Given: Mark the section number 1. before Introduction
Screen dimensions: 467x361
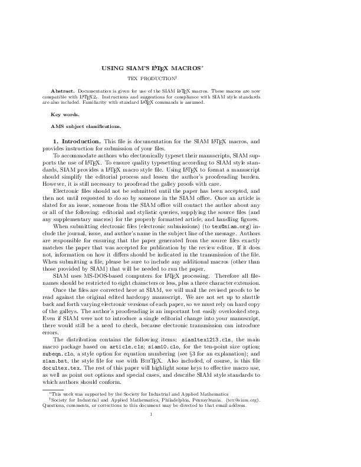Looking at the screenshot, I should click(x=56, y=142).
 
